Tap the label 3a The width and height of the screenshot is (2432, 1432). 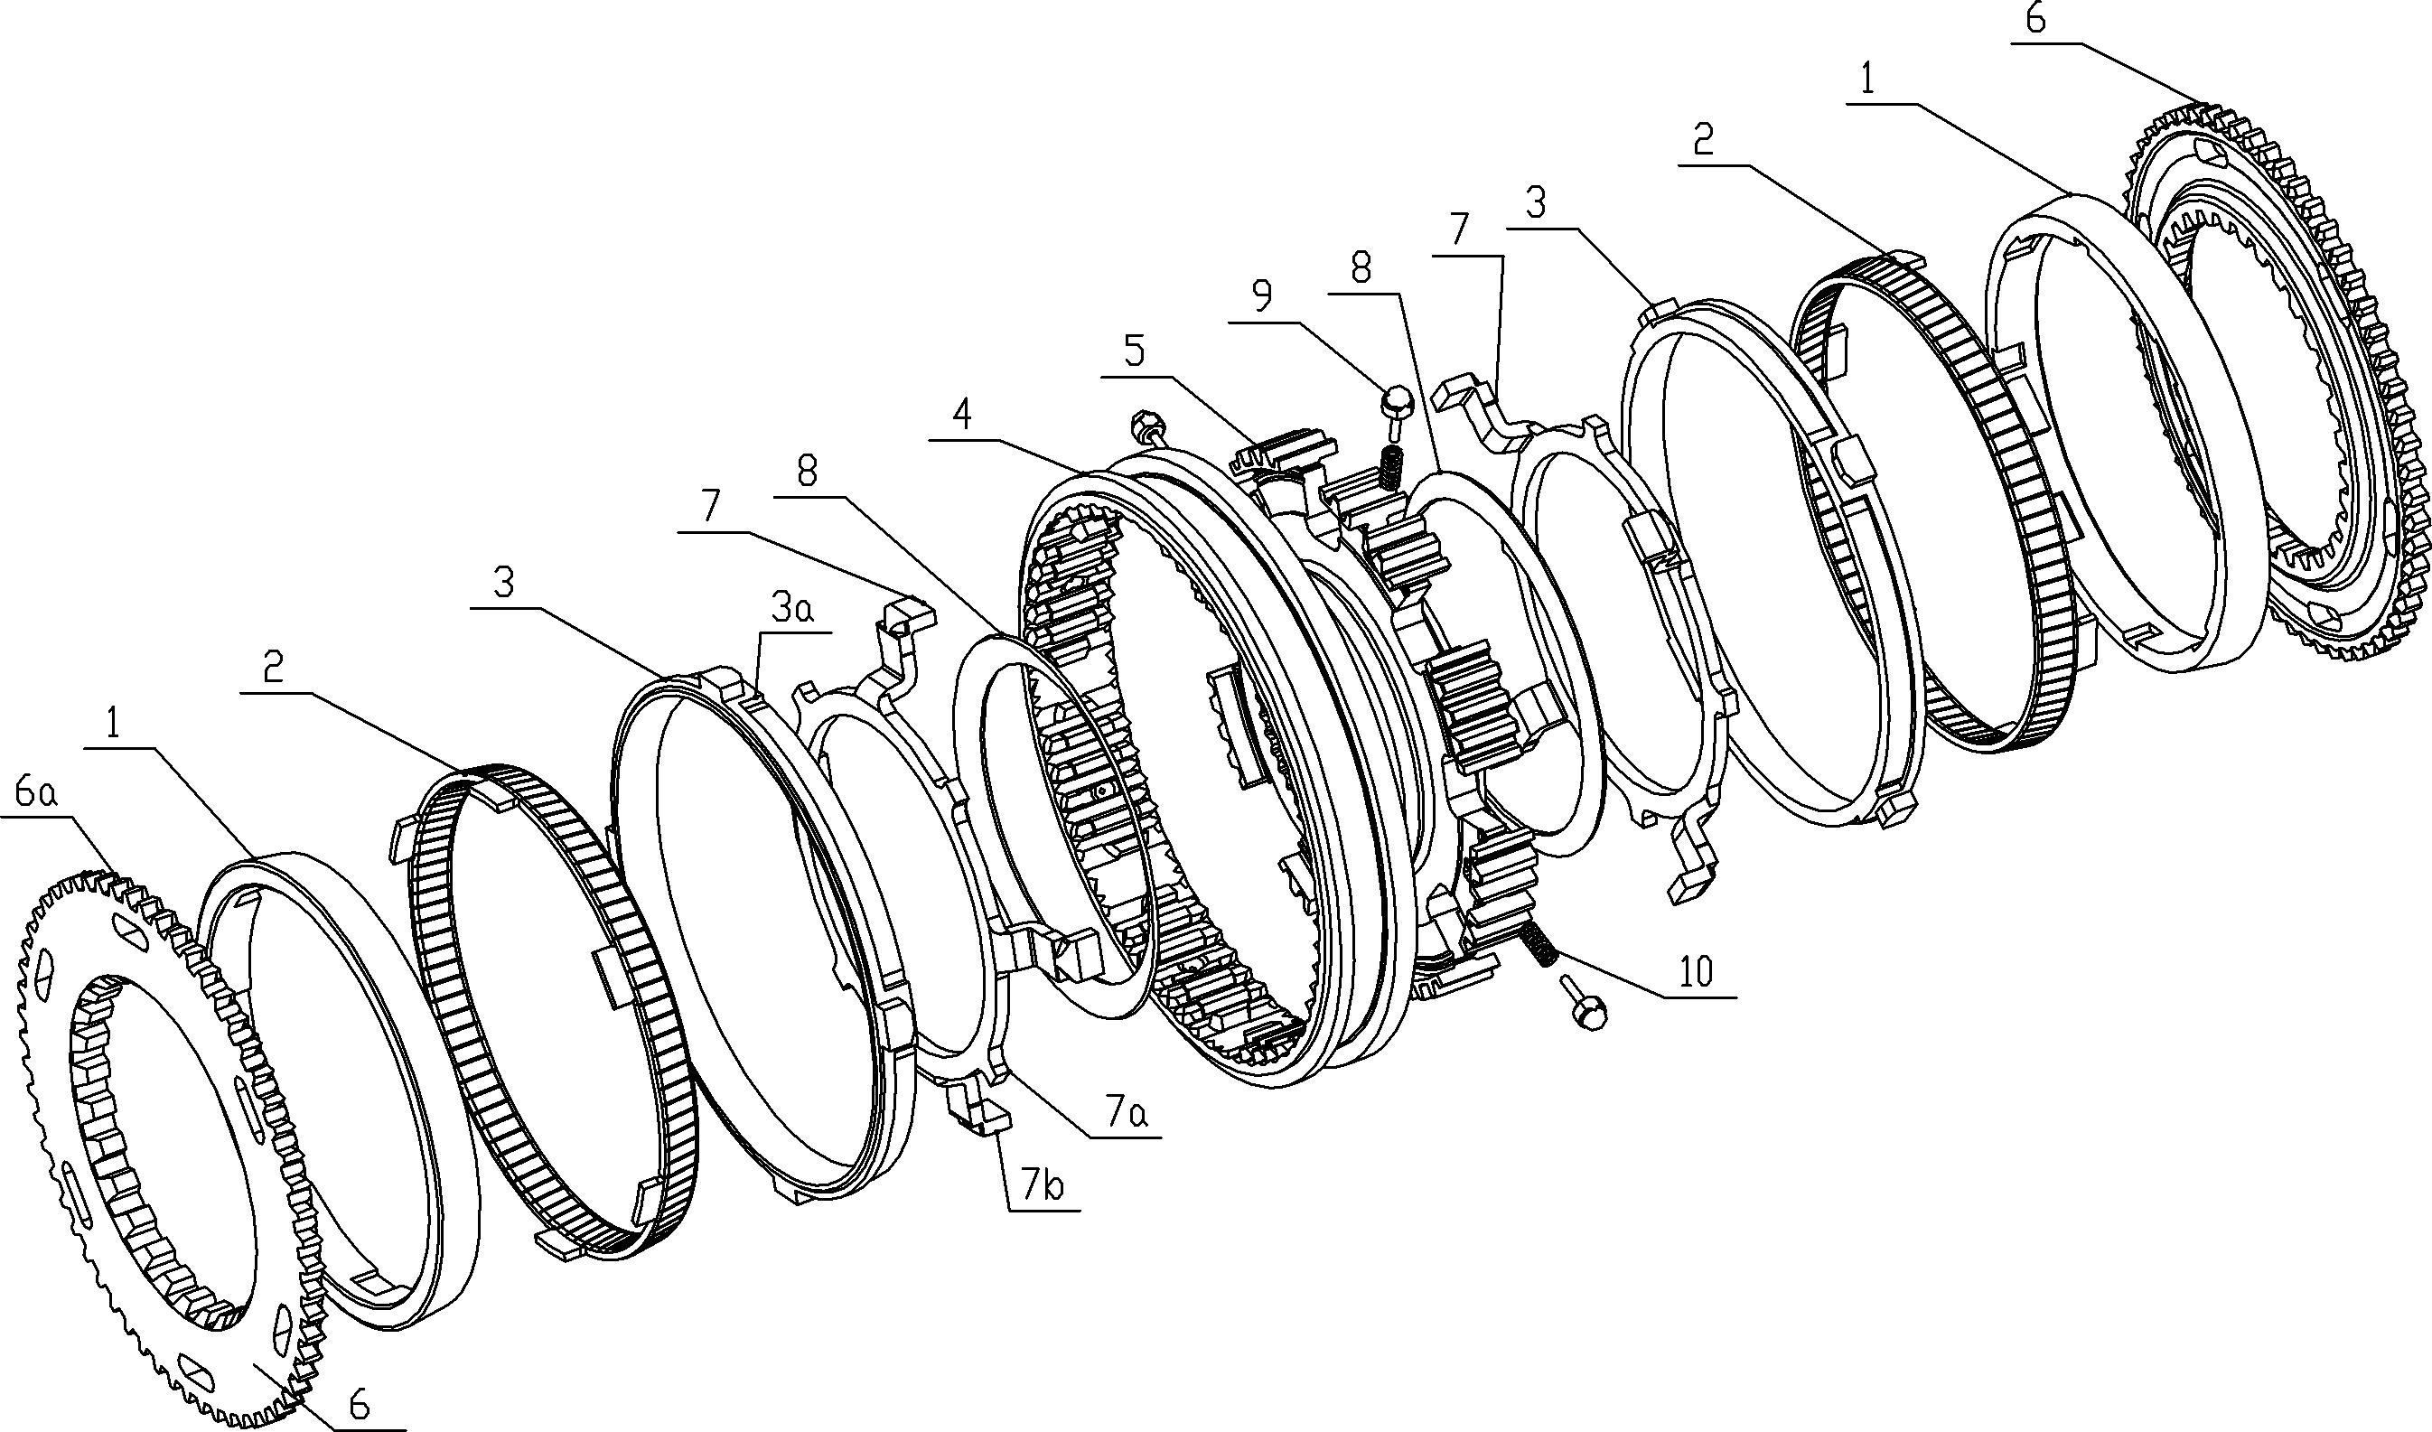tap(790, 610)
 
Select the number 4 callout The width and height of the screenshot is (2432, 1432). tap(960, 415)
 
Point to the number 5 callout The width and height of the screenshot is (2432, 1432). tap(1135, 351)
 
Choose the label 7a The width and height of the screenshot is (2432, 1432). tap(1127, 1116)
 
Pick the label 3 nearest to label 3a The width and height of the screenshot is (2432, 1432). tap(504, 584)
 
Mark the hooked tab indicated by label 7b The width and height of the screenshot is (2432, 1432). tap(977, 1112)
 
